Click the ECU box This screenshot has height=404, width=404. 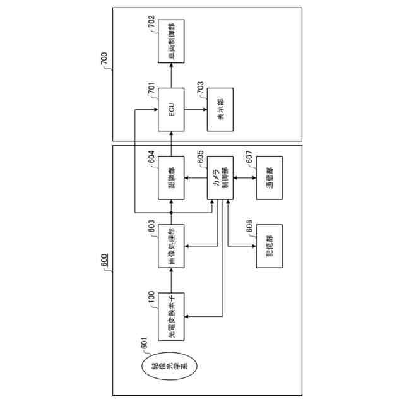tap(171, 109)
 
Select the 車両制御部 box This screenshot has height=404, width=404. tap(171, 42)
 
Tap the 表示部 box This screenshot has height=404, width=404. tap(220, 109)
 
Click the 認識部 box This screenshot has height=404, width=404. tap(171, 177)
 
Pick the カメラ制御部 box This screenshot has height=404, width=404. tap(220, 177)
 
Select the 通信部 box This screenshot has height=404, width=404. tap(270, 177)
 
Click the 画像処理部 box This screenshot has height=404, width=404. tap(171, 246)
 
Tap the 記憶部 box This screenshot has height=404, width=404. tap(270, 246)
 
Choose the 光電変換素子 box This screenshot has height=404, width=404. tap(171, 314)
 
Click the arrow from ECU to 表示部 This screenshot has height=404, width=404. tap(196, 109)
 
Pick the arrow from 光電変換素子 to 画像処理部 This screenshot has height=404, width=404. tap(171, 280)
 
